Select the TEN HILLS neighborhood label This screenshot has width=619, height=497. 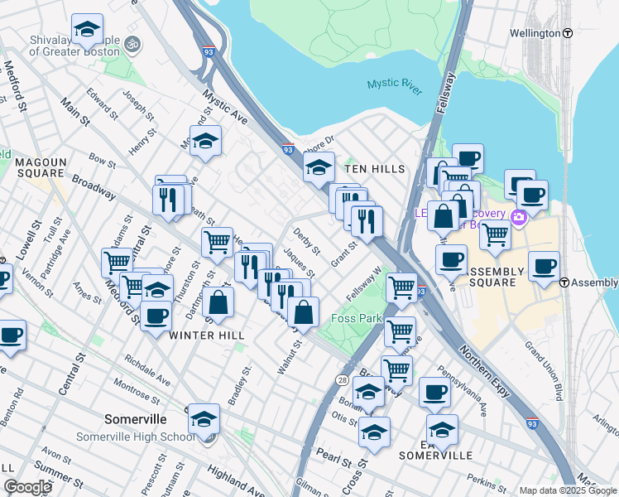(374, 169)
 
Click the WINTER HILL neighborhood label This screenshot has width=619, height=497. (204, 335)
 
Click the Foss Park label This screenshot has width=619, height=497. (355, 318)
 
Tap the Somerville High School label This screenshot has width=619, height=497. (135, 437)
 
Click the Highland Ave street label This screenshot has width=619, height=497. (236, 477)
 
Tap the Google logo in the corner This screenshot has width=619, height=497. (27, 486)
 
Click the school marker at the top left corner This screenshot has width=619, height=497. (87, 31)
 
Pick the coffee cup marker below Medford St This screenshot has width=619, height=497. (155, 316)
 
